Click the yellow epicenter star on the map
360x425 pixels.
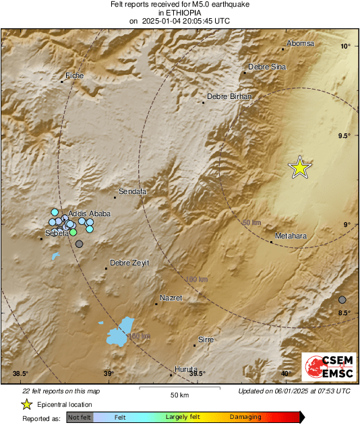click(299, 167)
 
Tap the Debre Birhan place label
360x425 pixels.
click(229, 96)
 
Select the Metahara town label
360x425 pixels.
click(290, 235)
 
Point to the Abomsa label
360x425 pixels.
click(300, 43)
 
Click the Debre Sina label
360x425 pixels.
click(267, 67)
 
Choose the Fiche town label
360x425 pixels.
click(74, 75)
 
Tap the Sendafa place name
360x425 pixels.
click(132, 191)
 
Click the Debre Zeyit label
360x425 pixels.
click(129, 263)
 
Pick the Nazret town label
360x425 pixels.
click(171, 298)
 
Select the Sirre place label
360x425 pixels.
click(206, 339)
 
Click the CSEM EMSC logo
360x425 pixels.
click(325, 368)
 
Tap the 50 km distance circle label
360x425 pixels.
click(251, 222)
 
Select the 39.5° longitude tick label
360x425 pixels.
click(197, 374)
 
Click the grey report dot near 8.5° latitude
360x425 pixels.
click(342, 300)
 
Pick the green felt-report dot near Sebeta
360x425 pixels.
click(73, 232)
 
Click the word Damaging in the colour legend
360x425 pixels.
click(245, 417)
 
